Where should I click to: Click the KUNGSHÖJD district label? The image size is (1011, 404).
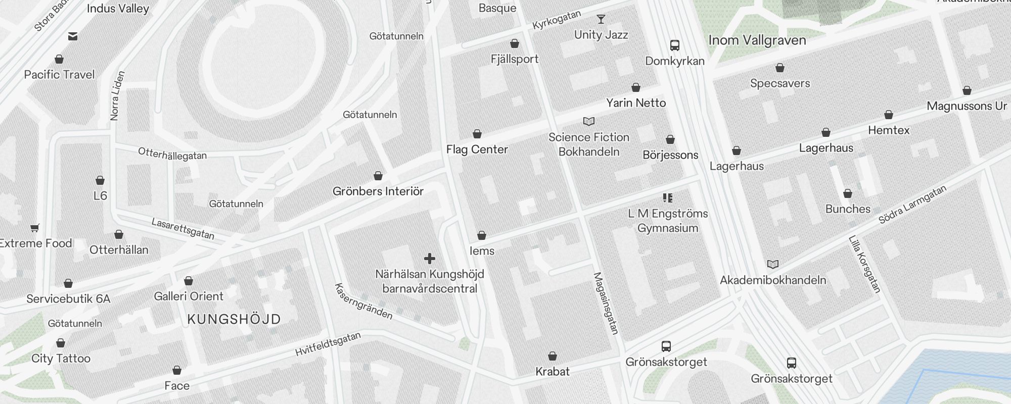(x=234, y=319)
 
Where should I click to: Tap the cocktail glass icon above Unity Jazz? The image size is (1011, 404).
(x=601, y=19)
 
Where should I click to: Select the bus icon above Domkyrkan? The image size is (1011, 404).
(x=674, y=45)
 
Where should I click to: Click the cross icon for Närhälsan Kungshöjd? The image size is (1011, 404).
(x=429, y=259)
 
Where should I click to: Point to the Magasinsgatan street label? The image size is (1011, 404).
(x=605, y=304)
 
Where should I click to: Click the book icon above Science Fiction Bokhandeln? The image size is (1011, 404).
(x=588, y=122)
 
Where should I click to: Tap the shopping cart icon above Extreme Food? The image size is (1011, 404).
(x=35, y=228)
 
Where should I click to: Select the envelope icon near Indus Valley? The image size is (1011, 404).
(x=73, y=36)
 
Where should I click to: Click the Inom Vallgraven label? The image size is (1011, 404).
(x=757, y=40)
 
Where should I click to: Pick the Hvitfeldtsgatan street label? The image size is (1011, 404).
(x=328, y=344)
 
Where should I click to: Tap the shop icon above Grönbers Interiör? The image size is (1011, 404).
(x=378, y=176)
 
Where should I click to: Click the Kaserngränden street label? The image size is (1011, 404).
(x=363, y=301)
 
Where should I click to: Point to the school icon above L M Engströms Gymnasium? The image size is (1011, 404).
(x=667, y=198)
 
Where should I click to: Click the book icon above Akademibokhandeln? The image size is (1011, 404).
(x=772, y=264)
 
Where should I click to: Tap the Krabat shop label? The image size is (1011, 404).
(x=552, y=372)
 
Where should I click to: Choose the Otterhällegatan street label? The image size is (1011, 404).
(x=172, y=154)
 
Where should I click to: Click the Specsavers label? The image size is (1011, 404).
(x=779, y=83)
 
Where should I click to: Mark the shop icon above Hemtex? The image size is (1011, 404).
(x=888, y=115)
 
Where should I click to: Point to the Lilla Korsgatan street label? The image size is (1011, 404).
(x=864, y=264)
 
